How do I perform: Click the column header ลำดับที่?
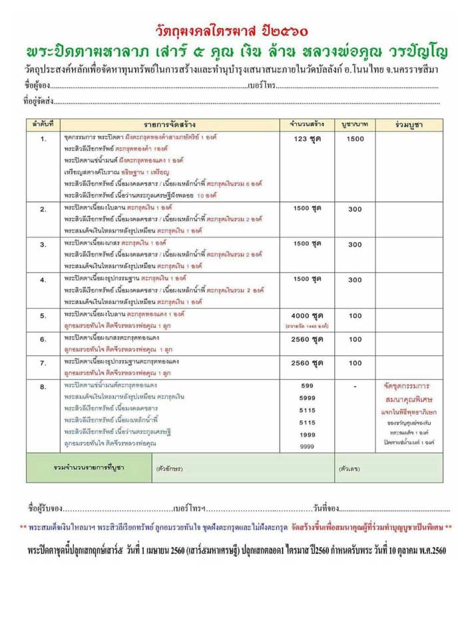[43, 124]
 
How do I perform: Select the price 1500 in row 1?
[355, 139]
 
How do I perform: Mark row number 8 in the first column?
[43, 387]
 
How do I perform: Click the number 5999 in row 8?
[308, 397]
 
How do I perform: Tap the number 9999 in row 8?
[308, 445]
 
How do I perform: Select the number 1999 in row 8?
[308, 433]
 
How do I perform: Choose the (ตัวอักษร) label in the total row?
[170, 468]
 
